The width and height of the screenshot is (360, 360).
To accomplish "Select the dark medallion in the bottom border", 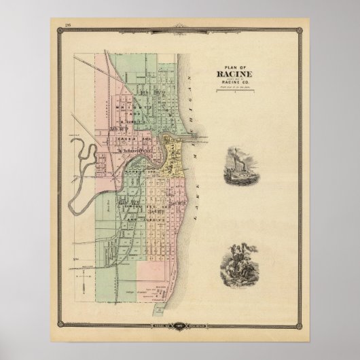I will [x=179, y=329].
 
